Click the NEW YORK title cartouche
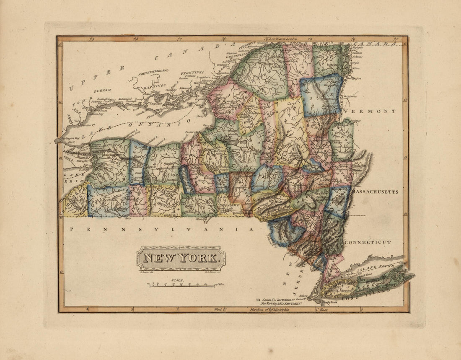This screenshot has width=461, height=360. [180, 258]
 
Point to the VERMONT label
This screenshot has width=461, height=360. [369, 111]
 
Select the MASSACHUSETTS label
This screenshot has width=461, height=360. [375, 192]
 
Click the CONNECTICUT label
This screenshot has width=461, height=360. [368, 242]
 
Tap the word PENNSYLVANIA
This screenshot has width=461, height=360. [161, 229]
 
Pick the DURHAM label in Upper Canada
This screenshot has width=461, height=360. [102, 90]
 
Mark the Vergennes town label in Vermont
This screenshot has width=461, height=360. [350, 96]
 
